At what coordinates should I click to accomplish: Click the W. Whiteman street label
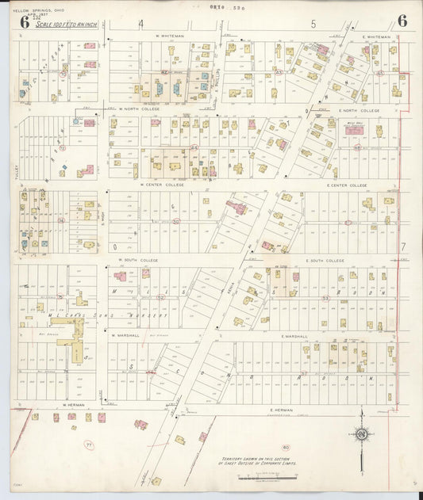[169, 36]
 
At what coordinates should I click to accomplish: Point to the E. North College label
[359, 110]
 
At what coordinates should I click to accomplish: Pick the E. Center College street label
[347, 185]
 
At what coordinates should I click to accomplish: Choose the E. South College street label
[325, 260]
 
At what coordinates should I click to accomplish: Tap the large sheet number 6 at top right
[402, 21]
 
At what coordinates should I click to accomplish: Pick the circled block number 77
[89, 445]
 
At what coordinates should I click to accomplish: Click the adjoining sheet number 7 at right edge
[403, 246]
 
